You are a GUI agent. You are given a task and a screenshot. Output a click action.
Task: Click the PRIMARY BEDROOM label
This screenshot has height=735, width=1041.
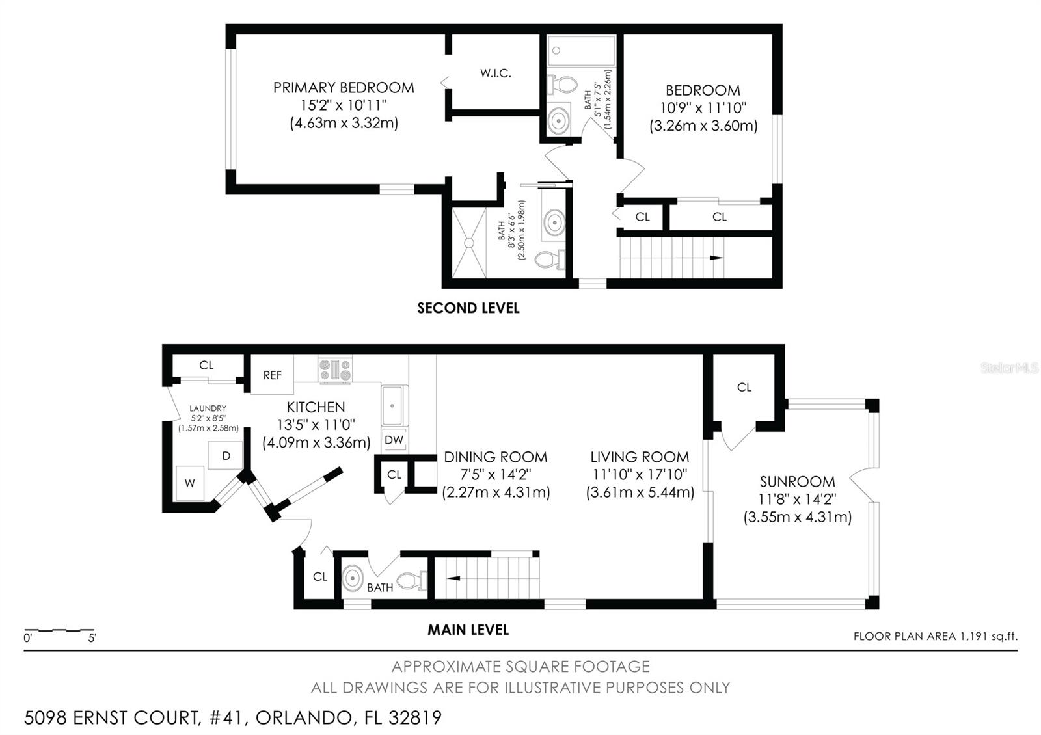[x=344, y=87]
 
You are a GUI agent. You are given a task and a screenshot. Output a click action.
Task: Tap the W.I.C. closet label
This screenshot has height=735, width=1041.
[x=496, y=73]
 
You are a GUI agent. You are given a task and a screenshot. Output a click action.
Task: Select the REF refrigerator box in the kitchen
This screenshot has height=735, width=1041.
[x=273, y=375]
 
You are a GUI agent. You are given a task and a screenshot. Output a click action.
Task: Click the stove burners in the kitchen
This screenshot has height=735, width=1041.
[x=334, y=369]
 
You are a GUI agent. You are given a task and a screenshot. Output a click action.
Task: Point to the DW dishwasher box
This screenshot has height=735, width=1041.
[x=394, y=440]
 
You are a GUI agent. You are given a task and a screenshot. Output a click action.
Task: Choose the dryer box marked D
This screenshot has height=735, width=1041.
[x=226, y=455]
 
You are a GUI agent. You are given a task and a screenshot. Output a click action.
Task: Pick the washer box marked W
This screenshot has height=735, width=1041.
[x=189, y=483]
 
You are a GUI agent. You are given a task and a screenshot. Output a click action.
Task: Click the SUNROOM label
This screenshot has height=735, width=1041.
[x=797, y=481]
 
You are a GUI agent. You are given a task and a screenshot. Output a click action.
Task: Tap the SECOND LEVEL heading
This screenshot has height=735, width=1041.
[x=468, y=308]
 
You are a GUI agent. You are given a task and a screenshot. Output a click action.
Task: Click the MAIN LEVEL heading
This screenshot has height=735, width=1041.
[x=468, y=630]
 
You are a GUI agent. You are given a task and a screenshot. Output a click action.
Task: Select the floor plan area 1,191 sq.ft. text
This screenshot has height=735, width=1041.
[x=935, y=636]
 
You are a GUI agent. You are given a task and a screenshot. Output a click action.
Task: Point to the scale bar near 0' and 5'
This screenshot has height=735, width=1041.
[x=60, y=630]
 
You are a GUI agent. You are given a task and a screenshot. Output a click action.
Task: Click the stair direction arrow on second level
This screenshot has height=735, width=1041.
[x=716, y=258]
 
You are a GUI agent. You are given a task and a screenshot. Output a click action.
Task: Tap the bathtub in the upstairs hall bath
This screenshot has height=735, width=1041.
[x=581, y=50]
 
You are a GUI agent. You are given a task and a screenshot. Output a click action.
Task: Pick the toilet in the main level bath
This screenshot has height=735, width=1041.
[x=412, y=580]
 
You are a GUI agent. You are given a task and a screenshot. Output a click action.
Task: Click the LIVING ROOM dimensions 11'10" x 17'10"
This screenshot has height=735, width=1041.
[x=640, y=475]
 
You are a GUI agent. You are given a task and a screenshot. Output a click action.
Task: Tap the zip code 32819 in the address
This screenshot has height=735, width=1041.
[x=415, y=717]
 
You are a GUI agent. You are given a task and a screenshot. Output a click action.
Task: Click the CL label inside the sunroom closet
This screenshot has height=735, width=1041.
[x=744, y=387]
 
